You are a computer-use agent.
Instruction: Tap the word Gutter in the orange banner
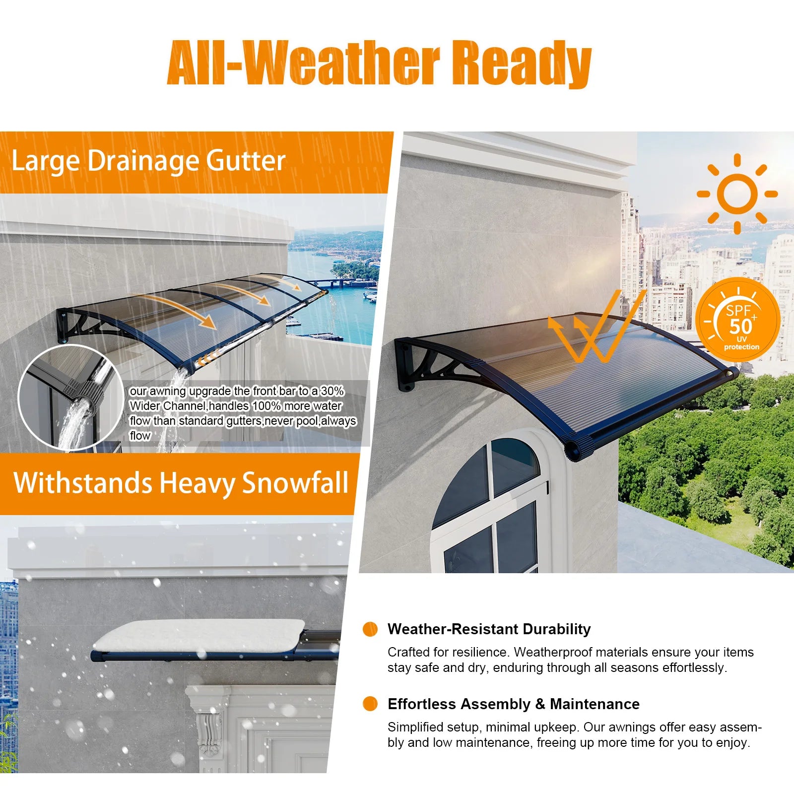coord(246,162)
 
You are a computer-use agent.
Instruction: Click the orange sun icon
coord(737,194)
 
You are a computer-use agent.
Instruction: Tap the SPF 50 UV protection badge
coord(737,320)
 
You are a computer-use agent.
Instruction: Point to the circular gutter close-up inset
coord(71,397)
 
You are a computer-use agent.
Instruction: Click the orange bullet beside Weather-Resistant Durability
coord(370,629)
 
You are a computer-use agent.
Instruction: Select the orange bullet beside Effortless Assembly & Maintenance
coord(370,704)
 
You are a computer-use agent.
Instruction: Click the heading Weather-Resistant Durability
coord(489,629)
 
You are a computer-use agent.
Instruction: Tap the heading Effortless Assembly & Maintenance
coord(514,704)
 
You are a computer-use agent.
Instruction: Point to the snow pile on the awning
coord(198,635)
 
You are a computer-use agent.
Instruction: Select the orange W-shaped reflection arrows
coord(595,328)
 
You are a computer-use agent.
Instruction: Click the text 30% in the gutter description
coord(332,391)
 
